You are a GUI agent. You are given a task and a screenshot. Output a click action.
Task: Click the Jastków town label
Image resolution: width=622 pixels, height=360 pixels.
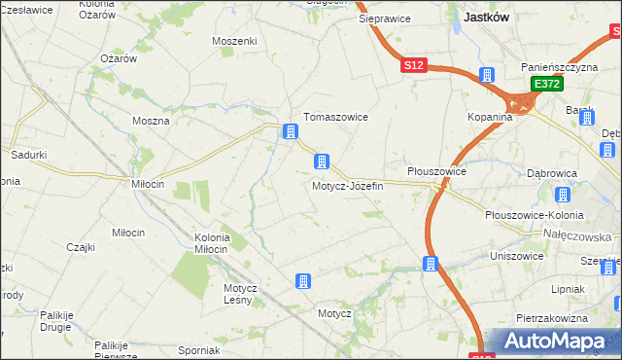click(489, 17)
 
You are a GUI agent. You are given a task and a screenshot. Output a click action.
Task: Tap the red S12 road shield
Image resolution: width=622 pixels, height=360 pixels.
click(413, 64)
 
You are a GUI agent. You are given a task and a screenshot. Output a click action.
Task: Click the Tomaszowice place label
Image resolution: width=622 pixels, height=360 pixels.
click(335, 117)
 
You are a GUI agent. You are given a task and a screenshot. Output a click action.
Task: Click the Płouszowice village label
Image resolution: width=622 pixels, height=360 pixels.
click(436, 171)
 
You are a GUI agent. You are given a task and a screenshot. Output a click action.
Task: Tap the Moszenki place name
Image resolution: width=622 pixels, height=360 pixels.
click(234, 42)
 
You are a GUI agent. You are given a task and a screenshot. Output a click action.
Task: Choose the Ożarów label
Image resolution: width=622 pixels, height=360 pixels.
click(118, 58)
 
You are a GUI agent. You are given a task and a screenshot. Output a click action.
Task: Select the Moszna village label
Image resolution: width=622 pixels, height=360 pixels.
click(151, 122)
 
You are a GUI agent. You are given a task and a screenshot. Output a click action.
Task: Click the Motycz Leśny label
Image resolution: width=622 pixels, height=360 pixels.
click(239, 293)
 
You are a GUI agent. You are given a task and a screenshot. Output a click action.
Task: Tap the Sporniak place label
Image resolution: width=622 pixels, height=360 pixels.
click(199, 349)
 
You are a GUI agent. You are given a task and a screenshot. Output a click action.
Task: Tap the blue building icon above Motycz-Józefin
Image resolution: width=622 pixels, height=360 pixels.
click(321, 162)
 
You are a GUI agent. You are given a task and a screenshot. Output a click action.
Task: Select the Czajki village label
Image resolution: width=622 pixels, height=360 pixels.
click(81, 247)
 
